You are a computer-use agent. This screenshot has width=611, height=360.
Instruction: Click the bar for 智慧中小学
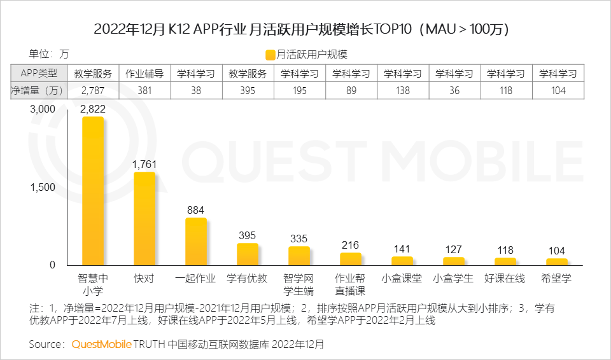tap(93, 191)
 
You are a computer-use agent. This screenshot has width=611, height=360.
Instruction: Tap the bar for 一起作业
tap(196, 241)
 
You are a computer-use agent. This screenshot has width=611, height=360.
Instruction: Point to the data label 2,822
tap(93, 109)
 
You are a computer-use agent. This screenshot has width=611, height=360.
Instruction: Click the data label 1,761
tap(144, 164)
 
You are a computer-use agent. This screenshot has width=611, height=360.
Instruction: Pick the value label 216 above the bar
tap(350, 245)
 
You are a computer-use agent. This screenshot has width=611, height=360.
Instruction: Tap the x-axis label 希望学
tap(556, 279)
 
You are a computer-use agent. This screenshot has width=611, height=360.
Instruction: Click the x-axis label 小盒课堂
tap(402, 279)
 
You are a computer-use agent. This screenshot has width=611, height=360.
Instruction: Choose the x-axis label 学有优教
tap(247, 279)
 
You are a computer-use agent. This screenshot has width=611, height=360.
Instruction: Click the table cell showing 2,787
tap(93, 90)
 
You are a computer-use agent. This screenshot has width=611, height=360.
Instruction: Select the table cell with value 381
tap(144, 90)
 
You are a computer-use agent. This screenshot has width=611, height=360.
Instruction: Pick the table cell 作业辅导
tap(144, 73)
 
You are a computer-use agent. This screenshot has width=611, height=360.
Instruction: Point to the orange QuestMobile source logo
tap(101, 344)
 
